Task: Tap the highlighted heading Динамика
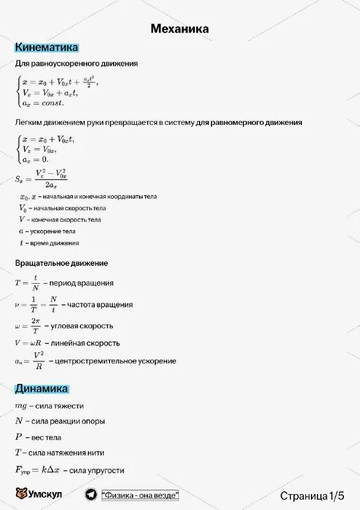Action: click(x=41, y=388)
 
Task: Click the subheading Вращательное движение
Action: click(x=61, y=263)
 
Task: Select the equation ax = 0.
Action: click(x=36, y=159)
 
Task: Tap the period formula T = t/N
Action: click(x=28, y=282)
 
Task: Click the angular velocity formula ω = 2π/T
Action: click(x=28, y=326)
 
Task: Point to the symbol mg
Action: click(x=22, y=405)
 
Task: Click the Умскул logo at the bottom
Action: click(x=38, y=495)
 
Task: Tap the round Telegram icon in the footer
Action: click(x=90, y=495)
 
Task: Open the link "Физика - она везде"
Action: click(x=140, y=495)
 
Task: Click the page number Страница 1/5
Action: click(x=312, y=495)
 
